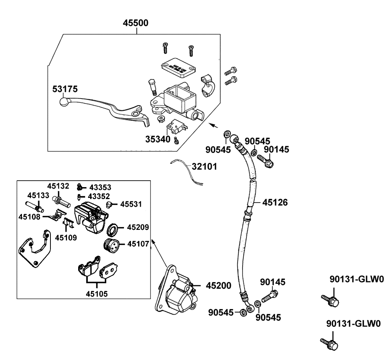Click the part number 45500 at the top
click(x=136, y=23)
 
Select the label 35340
click(x=157, y=138)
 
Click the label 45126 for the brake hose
click(x=275, y=202)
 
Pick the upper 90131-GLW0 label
click(x=357, y=280)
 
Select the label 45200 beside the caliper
click(x=218, y=286)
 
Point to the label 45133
click(x=38, y=195)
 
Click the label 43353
click(x=100, y=188)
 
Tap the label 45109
click(x=65, y=238)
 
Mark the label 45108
click(x=29, y=216)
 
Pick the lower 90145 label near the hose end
click(x=273, y=282)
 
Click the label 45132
click(x=58, y=186)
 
